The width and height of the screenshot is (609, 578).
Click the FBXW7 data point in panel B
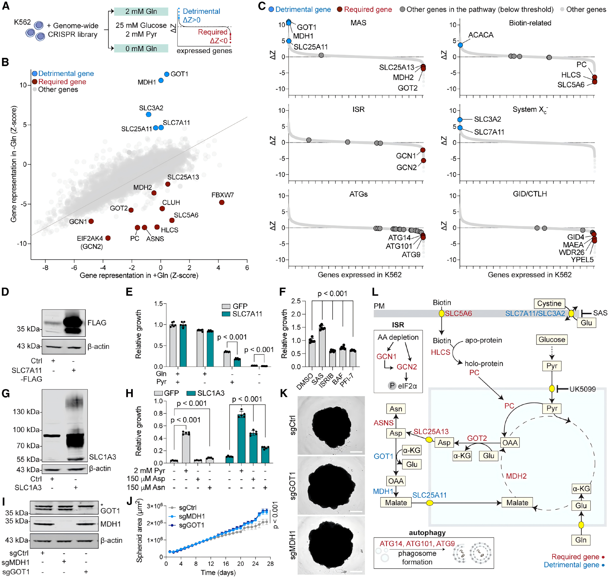pyautogui.click(x=222, y=202)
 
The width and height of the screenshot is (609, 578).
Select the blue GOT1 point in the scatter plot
pyautogui.click(x=167, y=74)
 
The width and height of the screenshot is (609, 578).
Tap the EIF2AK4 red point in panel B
pyautogui.click(x=108, y=238)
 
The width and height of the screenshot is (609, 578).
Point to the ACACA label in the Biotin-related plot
pyautogui.click(x=481, y=35)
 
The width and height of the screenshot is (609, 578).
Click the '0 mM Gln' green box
pyautogui.click(x=141, y=48)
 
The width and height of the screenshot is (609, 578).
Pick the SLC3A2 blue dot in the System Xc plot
pyautogui.click(x=460, y=119)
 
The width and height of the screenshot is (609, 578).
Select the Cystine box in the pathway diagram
pyautogui.click(x=549, y=303)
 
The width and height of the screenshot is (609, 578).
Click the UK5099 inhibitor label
pyautogui.click(x=583, y=389)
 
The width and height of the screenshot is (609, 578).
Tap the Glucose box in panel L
pyautogui.click(x=552, y=339)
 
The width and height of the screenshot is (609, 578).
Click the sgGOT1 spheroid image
pyautogui.click(x=331, y=485)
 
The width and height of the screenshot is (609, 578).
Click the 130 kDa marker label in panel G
pyautogui.click(x=26, y=412)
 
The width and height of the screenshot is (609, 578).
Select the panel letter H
pyautogui.click(x=130, y=393)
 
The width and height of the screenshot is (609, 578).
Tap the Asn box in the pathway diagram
pyautogui.click(x=396, y=409)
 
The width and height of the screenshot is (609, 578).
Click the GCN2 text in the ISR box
pyautogui.click(x=407, y=367)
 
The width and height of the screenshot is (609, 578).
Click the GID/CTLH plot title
pyautogui.click(x=530, y=194)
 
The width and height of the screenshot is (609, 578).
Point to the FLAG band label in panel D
pyautogui.click(x=97, y=323)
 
